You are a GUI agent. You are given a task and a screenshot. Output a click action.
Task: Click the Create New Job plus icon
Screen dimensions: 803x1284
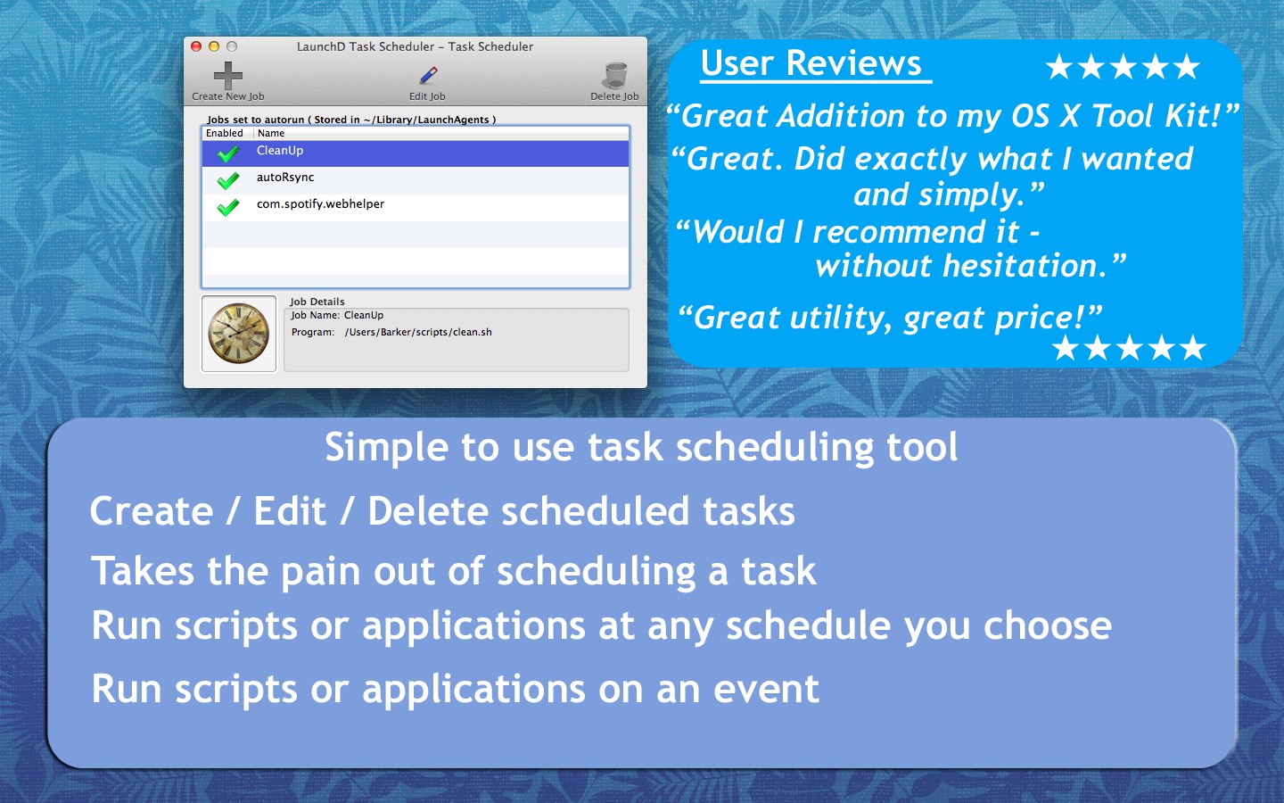tap(228, 76)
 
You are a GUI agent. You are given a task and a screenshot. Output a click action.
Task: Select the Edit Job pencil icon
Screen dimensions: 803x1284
tap(428, 76)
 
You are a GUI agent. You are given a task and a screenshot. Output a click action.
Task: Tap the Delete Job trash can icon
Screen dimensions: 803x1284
tap(615, 76)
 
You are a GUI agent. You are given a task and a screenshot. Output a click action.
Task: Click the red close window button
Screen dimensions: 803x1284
tap(196, 46)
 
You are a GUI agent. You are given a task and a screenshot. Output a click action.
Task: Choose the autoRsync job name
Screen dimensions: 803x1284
tap(285, 178)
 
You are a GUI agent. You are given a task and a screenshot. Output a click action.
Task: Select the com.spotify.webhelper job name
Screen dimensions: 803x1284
tap(320, 204)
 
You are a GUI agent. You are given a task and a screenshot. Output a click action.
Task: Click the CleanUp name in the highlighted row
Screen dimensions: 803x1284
tap(280, 151)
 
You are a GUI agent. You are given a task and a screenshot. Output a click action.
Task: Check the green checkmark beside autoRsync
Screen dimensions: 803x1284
tap(228, 180)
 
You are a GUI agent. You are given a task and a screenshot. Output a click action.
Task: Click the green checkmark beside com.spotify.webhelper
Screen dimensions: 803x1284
tap(228, 207)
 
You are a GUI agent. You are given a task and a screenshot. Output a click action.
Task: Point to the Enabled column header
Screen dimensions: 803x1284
tap(225, 133)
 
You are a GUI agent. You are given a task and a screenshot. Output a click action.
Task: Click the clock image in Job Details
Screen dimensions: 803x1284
tap(239, 334)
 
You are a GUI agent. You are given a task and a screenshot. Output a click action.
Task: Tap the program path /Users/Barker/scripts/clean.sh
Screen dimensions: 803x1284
tap(418, 332)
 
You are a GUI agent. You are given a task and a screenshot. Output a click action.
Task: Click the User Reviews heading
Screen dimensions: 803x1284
tap(811, 63)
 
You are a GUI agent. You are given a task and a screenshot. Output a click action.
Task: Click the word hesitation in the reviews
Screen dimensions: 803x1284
tap(1025, 266)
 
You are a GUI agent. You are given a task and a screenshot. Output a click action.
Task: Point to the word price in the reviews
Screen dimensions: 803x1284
tap(1035, 318)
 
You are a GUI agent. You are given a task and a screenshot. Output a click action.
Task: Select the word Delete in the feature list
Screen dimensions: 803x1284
tap(427, 512)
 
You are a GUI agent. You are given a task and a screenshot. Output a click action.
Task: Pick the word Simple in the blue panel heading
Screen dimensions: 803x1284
tap(385, 447)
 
